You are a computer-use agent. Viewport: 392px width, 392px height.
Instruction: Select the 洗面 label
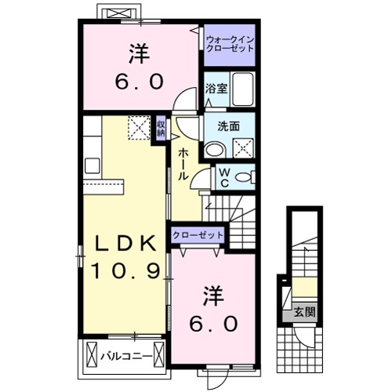(x=228, y=125)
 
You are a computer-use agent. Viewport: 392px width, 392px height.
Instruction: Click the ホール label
(x=183, y=164)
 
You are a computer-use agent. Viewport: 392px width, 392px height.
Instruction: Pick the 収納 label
(x=160, y=128)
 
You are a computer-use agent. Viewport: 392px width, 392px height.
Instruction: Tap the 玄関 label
(x=305, y=311)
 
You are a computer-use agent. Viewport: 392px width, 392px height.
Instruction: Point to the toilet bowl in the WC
(x=245, y=180)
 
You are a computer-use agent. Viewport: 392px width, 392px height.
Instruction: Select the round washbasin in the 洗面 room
(x=215, y=149)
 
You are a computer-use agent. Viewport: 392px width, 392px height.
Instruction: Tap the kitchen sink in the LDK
(x=90, y=165)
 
